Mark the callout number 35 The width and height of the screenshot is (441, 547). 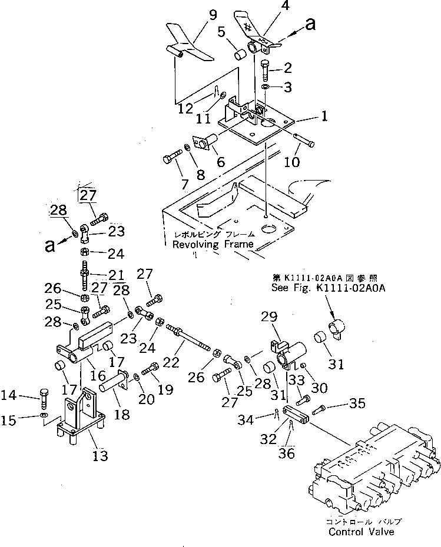tap(357, 403)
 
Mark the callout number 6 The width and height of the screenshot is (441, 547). tap(220, 161)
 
